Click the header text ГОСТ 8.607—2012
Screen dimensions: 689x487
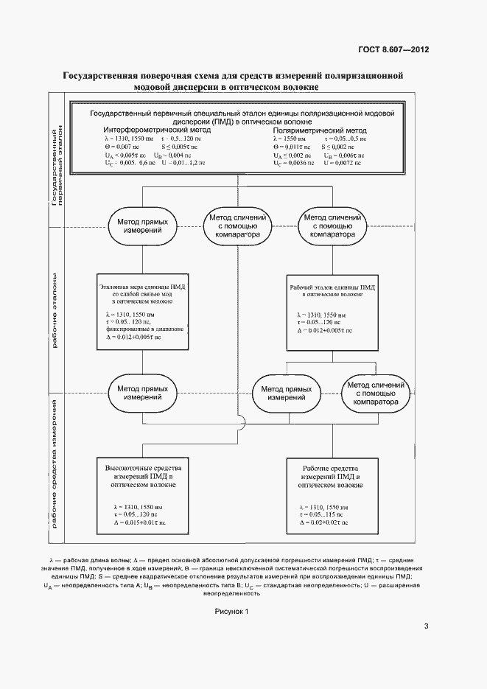(x=393, y=49)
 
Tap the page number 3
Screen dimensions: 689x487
(x=427, y=627)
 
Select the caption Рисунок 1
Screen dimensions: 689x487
(x=232, y=612)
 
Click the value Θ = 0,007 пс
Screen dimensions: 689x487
(x=122, y=147)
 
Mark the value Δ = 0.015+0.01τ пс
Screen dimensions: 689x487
(x=140, y=522)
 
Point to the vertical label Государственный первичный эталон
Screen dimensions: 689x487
(x=57, y=166)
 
